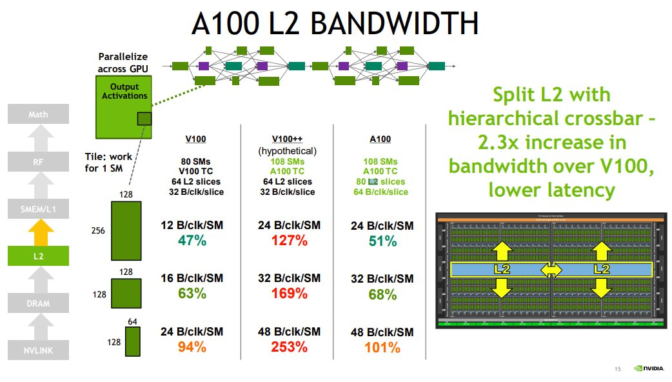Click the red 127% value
coord(288,241)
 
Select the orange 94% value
coord(192,347)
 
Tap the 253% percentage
coord(288,347)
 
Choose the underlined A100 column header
coord(380,139)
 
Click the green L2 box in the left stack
coord(39,256)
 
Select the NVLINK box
coord(39,350)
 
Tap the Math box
coord(39,115)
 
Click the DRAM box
coord(39,303)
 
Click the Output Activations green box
coord(124,106)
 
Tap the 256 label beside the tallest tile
coord(97,230)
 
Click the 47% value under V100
coord(192,241)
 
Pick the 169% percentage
coord(288,294)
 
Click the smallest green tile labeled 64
coord(133,341)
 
